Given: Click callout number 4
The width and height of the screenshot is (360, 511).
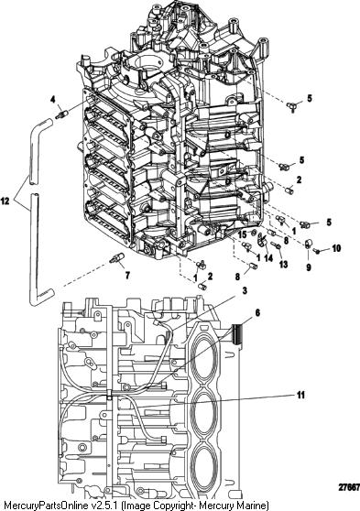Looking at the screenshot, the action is tap(53, 100).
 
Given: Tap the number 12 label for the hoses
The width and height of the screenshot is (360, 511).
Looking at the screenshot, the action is tap(5, 201).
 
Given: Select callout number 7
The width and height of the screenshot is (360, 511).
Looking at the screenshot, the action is tap(127, 276).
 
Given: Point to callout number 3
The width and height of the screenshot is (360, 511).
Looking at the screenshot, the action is tap(245, 290).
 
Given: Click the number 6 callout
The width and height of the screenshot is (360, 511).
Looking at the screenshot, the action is tap(257, 313).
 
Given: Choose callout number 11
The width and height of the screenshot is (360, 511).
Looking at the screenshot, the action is tap(300, 395).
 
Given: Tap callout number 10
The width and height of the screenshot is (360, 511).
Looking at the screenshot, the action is tap(336, 248).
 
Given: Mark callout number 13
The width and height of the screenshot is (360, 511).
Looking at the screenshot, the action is tap(283, 264).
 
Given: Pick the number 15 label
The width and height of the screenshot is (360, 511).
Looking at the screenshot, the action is tap(242, 234).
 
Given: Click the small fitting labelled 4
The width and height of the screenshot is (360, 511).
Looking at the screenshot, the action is tap(61, 114).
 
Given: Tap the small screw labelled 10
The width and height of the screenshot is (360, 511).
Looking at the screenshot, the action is tap(316, 251).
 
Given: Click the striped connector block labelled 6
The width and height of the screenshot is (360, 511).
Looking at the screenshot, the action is tap(237, 335).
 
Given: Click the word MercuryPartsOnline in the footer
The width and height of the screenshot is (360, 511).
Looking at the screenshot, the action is tap(46, 506).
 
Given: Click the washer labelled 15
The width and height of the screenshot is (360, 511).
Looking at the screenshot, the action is tap(252, 233).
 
